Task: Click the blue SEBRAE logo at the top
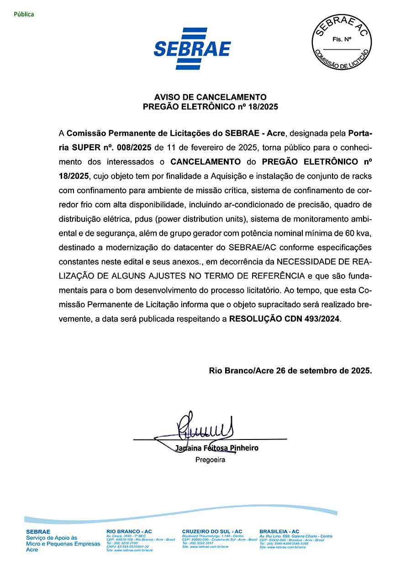point(192,48)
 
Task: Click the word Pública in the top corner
point(24,14)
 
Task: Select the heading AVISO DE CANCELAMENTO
point(210,97)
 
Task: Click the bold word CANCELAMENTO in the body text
point(205,162)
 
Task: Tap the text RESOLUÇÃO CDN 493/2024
point(285,319)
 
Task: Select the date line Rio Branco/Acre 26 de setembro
point(290,371)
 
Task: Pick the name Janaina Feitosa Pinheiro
point(216,448)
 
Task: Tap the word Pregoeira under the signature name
point(210,460)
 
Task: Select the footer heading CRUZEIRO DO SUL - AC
point(212,532)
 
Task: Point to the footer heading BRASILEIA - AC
point(279,532)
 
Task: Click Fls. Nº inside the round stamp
point(342,40)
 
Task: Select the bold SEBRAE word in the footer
point(38,532)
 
